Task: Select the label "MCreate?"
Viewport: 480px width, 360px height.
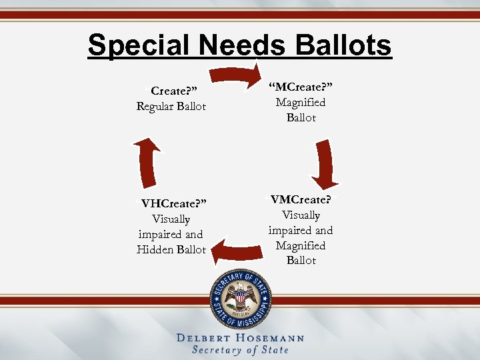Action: point(301,87)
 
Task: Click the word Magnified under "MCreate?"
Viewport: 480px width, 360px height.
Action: point(301,103)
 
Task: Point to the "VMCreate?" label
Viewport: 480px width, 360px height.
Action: point(301,200)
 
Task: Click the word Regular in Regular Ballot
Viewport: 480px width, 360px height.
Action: point(155,107)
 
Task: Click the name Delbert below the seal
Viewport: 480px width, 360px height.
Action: point(204,338)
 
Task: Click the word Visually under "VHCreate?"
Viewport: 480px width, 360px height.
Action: point(171,219)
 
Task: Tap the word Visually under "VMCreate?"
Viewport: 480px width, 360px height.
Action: point(301,215)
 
